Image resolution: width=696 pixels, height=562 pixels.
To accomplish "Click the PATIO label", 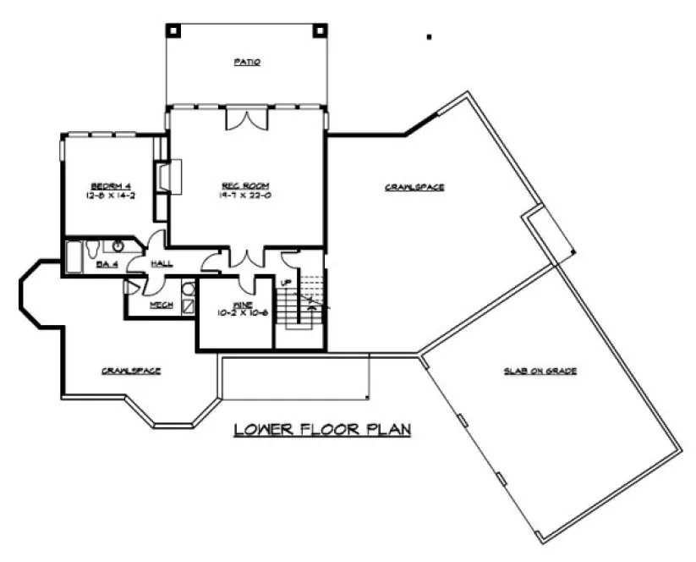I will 246,63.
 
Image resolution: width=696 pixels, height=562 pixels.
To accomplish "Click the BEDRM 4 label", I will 109,186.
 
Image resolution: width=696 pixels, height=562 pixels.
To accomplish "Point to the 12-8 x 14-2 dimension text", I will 109,196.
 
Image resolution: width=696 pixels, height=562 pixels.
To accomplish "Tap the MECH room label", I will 162,305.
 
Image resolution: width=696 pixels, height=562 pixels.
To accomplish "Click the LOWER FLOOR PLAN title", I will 322,430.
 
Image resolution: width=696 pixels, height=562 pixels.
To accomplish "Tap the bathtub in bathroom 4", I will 74,256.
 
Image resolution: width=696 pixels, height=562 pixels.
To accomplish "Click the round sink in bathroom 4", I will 118,246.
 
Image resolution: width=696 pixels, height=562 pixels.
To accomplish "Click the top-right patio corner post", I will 321,29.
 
